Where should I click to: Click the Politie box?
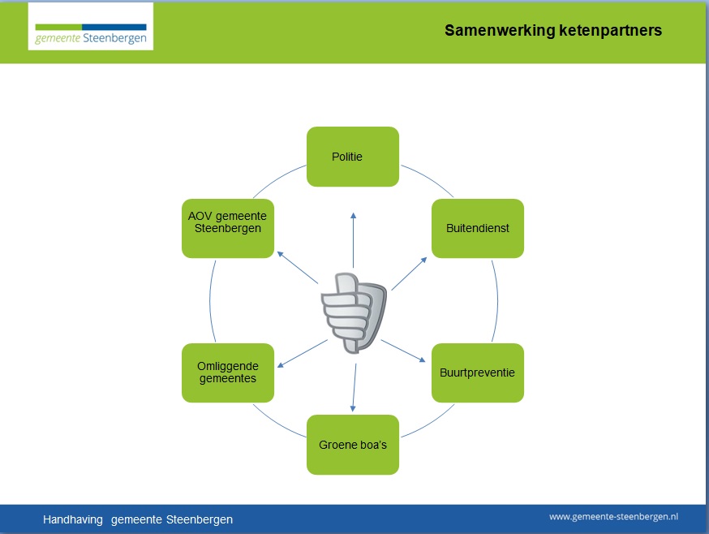pyautogui.click(x=353, y=157)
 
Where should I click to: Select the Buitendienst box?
pyautogui.click(x=478, y=228)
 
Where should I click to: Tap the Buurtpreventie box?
pyautogui.click(x=478, y=373)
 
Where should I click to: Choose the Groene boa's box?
pyautogui.click(x=353, y=445)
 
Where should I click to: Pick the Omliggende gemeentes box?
pyautogui.click(x=228, y=373)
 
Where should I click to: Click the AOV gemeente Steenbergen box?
pyautogui.click(x=228, y=228)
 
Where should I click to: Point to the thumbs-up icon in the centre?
pyautogui.click(x=354, y=312)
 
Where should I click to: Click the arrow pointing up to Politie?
pyautogui.click(x=353, y=240)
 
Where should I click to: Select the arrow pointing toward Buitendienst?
pyautogui.click(x=409, y=273)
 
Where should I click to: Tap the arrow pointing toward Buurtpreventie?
pyautogui.click(x=403, y=351)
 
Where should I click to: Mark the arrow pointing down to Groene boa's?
pyautogui.click(x=354, y=388)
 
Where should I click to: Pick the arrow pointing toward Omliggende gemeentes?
pyautogui.click(x=302, y=354)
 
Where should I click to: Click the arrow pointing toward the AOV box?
pyautogui.click(x=297, y=268)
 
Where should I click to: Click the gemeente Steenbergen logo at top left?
pyautogui.click(x=90, y=26)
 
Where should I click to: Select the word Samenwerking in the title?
pyautogui.click(x=500, y=31)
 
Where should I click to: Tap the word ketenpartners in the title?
pyautogui.click(x=610, y=30)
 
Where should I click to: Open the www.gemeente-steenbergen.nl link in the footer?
pyautogui.click(x=613, y=516)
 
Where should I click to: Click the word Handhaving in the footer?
pyautogui.click(x=73, y=519)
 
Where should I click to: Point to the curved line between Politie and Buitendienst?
pyautogui.click(x=428, y=179)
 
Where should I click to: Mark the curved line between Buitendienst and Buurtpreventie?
pyautogui.click(x=498, y=300)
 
